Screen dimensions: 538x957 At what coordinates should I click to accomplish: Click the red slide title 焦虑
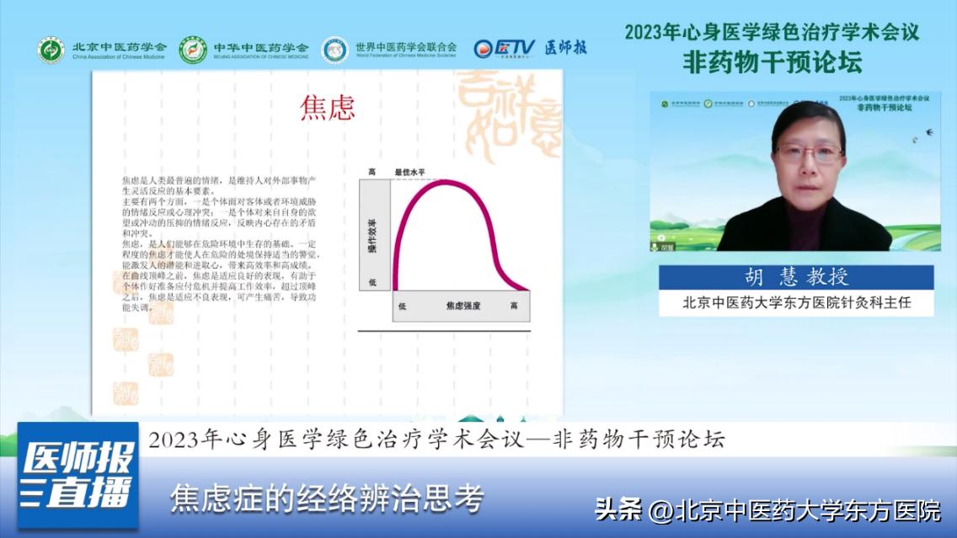tap(328, 108)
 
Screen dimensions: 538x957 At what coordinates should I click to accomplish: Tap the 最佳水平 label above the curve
tap(411, 172)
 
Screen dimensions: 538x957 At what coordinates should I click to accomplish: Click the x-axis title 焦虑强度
tap(462, 306)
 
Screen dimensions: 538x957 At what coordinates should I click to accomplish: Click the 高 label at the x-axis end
tap(514, 306)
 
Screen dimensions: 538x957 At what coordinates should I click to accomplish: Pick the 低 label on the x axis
tap(402, 306)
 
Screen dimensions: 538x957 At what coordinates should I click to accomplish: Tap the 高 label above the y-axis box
tap(372, 172)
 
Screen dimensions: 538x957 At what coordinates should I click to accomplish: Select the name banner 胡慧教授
tap(796, 277)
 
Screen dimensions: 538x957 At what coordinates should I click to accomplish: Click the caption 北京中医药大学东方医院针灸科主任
tap(796, 302)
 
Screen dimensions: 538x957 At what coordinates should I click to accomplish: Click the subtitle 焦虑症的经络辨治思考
tap(327, 499)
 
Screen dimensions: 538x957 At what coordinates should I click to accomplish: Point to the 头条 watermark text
tap(618, 509)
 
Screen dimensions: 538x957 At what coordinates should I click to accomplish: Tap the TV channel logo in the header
tap(504, 48)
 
